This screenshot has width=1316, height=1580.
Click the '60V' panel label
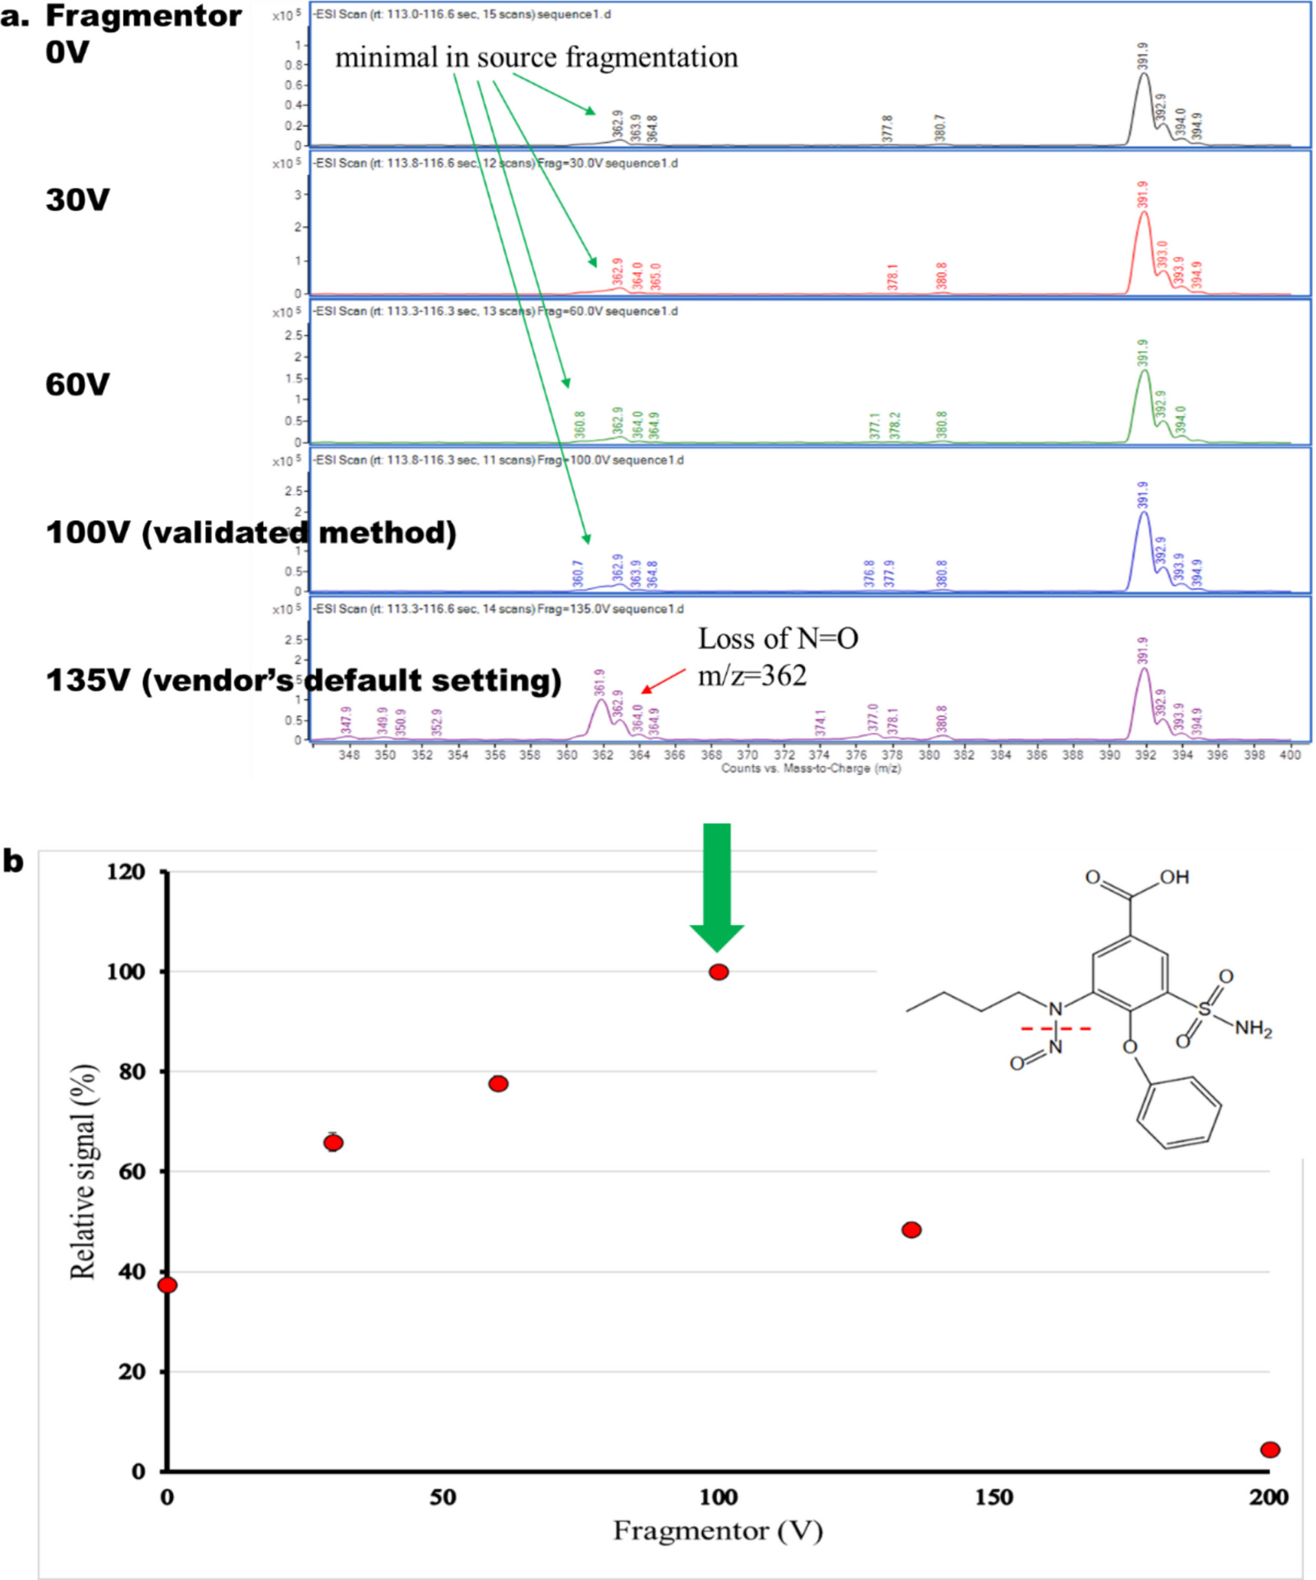pyautogui.click(x=78, y=385)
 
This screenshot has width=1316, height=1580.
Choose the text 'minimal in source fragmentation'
pyautogui.click(x=536, y=57)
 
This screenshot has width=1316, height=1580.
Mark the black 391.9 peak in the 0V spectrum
pyautogui.click(x=1144, y=75)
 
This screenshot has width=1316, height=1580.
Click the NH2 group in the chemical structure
pyautogui.click(x=1253, y=1028)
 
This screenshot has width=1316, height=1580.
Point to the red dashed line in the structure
pyautogui.click(x=1055, y=1028)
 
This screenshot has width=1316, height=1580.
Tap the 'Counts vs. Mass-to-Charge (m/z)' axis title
pyautogui.click(x=810, y=768)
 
